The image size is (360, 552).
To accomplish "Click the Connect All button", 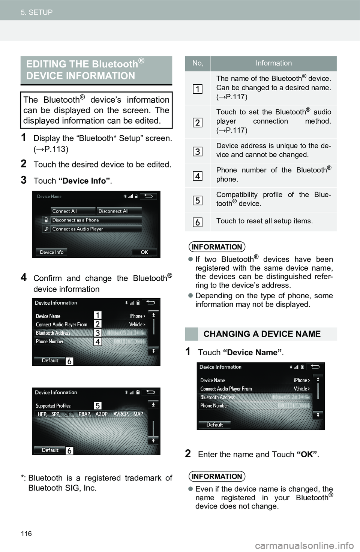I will [x=73, y=211].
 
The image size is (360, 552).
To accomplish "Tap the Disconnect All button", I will [x=119, y=211].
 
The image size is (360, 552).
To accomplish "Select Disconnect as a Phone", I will [x=92, y=220].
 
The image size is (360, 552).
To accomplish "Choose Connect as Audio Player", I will [x=92, y=229].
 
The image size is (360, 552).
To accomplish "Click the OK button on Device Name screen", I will [x=144, y=252].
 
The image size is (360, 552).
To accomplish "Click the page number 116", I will [x=26, y=533].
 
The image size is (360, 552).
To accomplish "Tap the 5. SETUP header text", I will [x=37, y=12].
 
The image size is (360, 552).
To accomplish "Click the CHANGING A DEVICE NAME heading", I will [x=262, y=334].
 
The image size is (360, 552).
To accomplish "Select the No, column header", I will [x=198, y=63].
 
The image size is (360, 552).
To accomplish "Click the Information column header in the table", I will [x=274, y=63].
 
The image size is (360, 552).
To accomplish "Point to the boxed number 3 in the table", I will [x=198, y=151].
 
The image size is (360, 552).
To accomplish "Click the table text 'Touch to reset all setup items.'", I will [x=264, y=221].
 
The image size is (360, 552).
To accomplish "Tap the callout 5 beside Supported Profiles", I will [x=97, y=405].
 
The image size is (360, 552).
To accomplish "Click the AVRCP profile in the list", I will [x=121, y=414].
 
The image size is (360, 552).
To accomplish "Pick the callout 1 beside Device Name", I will [x=97, y=315].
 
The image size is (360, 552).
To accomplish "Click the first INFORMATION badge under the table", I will [x=217, y=247].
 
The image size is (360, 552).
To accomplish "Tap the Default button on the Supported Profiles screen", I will [x=50, y=450].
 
